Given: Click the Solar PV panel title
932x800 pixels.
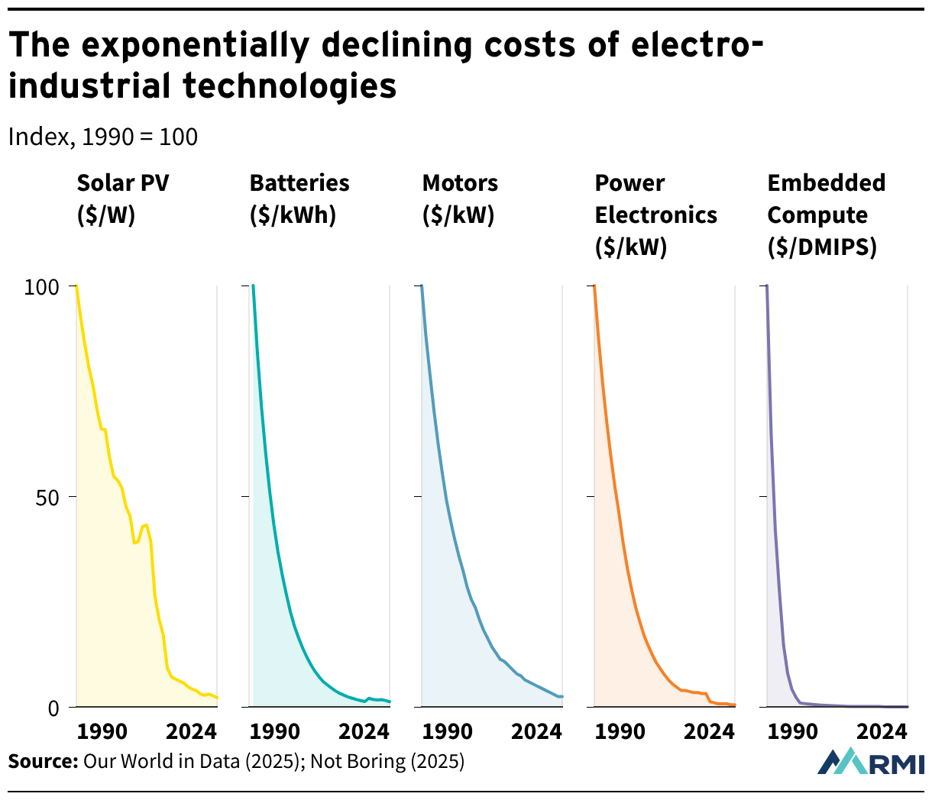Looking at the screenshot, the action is [x=123, y=198].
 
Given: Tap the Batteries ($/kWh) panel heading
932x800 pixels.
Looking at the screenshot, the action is [x=299, y=198].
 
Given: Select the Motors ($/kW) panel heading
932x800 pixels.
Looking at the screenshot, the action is [x=460, y=198].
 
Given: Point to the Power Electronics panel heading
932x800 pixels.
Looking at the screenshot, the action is [x=655, y=215].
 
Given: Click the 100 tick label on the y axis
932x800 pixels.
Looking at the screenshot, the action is [x=41, y=287].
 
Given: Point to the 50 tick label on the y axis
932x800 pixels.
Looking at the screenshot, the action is [x=47, y=498].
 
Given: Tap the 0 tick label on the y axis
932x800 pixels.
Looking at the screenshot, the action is [x=53, y=708].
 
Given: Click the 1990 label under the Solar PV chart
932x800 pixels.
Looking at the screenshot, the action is [x=102, y=731].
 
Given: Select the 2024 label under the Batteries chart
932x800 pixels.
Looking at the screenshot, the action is [x=364, y=731].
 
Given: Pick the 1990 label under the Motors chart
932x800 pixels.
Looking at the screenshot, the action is [x=448, y=731].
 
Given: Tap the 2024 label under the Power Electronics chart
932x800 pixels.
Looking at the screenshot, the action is [x=709, y=731].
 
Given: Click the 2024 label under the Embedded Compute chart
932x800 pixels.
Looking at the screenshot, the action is [x=882, y=731].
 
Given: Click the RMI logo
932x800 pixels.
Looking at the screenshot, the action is [x=870, y=762].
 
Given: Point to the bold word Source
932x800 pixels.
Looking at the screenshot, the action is [x=44, y=761].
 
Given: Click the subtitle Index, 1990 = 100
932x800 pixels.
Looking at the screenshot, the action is [x=103, y=137].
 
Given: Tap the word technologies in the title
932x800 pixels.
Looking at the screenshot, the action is [x=290, y=85].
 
